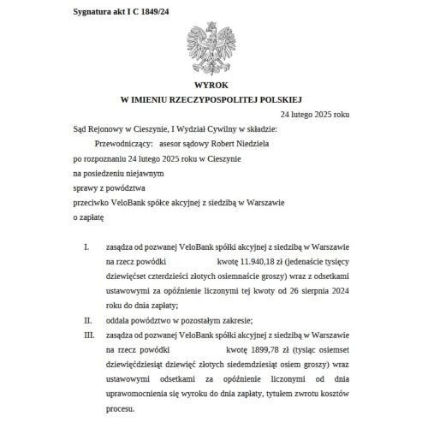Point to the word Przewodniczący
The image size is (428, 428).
114,145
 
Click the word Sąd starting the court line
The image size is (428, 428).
80,129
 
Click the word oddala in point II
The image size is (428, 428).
119,320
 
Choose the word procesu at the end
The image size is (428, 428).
120,410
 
